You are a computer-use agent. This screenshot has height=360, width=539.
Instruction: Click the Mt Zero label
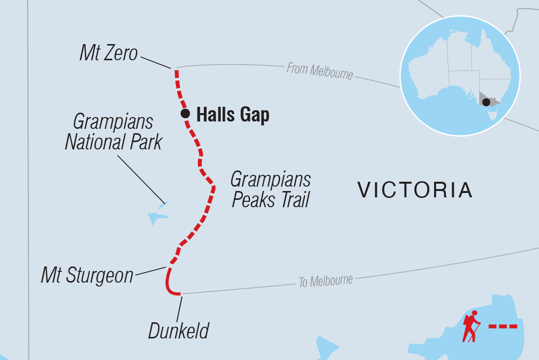pos(109,53)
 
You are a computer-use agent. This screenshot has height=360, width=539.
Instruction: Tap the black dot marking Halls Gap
pos(185,114)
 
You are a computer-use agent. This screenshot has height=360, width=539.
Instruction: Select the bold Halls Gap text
pos(233,115)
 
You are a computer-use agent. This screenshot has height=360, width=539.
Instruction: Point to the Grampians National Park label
pos(113,132)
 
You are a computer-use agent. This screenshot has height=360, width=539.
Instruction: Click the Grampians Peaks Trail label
pos(270,190)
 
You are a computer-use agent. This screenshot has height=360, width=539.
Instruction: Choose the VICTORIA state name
pos(415,190)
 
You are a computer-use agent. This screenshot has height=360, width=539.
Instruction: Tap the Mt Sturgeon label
pos(87,275)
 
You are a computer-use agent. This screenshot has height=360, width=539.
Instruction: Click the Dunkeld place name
pos(179,331)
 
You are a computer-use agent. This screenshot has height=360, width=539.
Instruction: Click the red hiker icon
pos(471,326)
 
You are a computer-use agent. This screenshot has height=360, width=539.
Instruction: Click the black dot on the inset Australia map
pos(486,102)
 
